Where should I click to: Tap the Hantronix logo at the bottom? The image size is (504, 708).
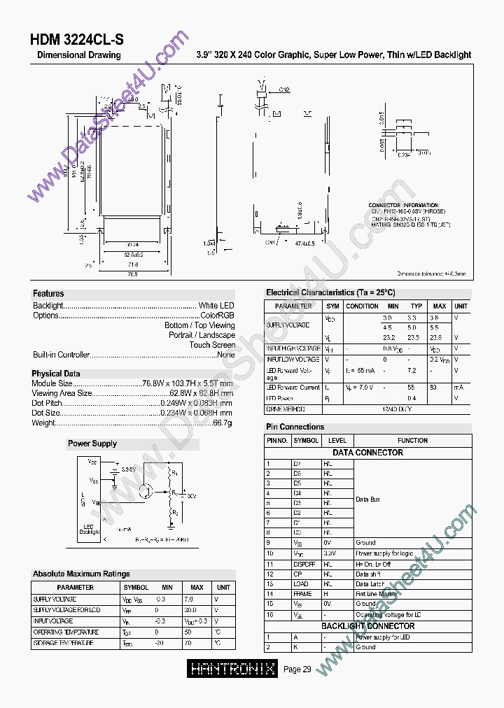233,669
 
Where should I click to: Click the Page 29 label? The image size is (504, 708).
297,670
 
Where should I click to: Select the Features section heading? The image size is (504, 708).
48,294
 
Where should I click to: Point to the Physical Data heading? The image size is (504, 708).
56,374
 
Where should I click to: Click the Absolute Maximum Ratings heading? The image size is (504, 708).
81,574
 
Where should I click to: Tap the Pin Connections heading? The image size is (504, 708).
295,427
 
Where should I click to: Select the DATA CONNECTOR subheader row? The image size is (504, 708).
367,453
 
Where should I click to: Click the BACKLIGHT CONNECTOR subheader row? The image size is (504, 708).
367,626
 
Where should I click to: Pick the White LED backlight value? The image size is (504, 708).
216,306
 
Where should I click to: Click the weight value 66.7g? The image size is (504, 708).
223,423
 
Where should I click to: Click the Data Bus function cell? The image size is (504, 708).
367,500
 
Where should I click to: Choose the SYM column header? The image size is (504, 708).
332,306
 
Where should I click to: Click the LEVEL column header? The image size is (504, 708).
337,441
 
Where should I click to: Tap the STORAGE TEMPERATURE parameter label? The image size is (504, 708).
64,643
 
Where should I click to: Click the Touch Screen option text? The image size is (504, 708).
212,345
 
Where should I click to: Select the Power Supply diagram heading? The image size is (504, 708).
92,444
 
